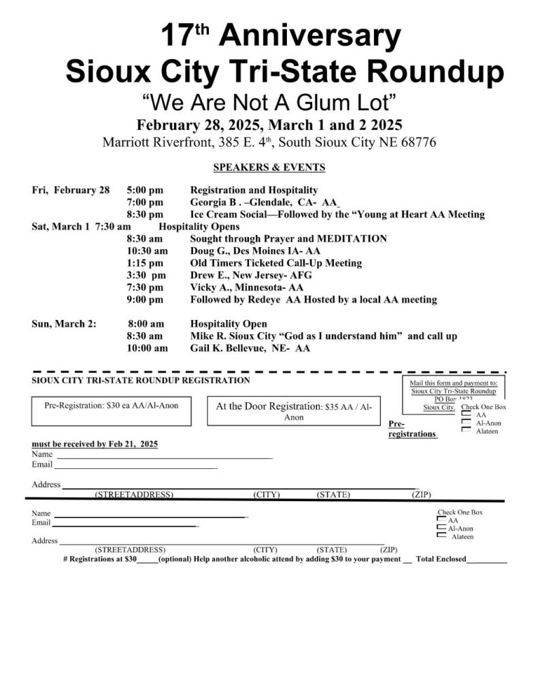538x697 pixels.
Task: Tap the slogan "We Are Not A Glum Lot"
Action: pos(269,103)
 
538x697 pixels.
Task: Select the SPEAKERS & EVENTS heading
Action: pos(269,167)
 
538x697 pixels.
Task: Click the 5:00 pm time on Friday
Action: pos(145,190)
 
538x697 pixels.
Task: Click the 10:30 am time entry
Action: pos(147,251)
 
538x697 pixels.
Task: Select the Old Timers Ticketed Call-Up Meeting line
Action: pos(275,263)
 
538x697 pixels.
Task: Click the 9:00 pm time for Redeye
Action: pos(145,300)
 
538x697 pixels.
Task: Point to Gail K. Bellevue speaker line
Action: pos(250,348)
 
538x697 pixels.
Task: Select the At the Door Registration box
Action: pos(293,411)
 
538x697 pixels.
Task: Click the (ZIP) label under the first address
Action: pos(421,495)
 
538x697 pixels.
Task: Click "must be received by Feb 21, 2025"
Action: pos(95,444)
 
